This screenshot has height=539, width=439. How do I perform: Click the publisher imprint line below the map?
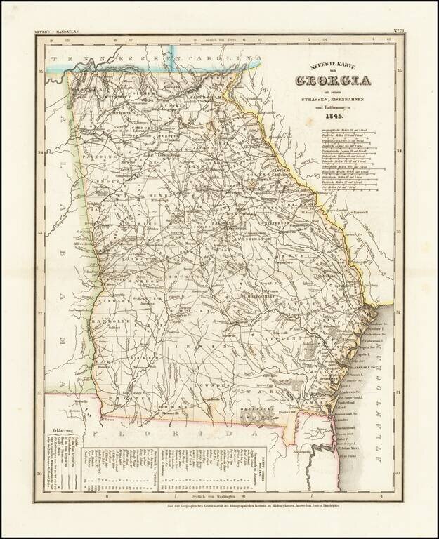[x=219, y=506]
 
